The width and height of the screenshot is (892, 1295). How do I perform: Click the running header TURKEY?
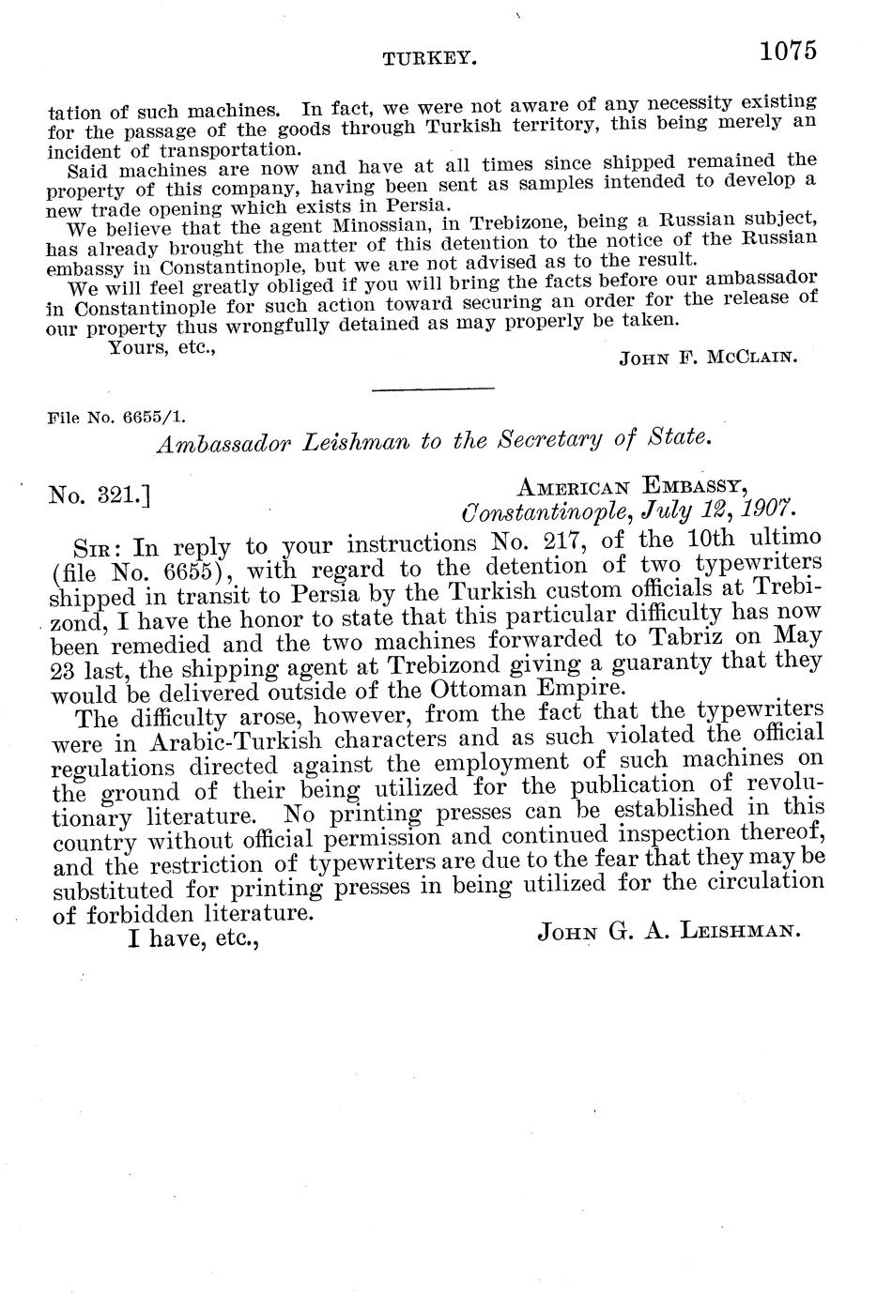(431, 59)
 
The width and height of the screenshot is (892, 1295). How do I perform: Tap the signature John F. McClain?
(708, 357)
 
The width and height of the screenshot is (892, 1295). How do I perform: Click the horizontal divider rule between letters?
(433, 388)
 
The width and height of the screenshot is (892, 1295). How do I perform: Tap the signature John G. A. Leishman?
(669, 932)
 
